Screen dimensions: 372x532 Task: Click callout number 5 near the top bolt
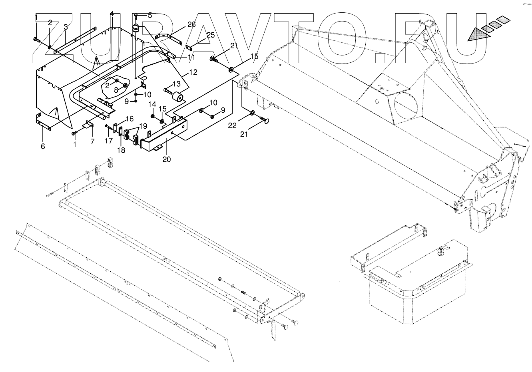tap(149, 16)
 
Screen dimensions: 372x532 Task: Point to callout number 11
tap(191, 58)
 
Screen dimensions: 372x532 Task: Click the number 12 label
tap(193, 72)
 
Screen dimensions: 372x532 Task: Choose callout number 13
tap(176, 84)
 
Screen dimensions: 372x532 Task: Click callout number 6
tap(42, 146)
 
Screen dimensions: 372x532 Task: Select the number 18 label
tap(121, 150)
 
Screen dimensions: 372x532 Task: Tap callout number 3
tap(66, 27)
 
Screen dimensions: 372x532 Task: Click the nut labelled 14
tap(153, 116)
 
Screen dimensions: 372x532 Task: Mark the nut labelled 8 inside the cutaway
tap(125, 85)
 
